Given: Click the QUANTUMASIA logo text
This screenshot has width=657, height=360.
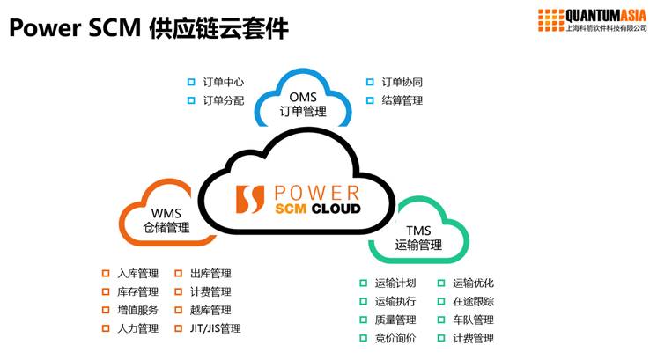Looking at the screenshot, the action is click(606, 16).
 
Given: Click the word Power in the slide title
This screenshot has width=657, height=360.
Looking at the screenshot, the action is click(45, 28).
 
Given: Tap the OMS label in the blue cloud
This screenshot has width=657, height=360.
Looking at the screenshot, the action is click(303, 97).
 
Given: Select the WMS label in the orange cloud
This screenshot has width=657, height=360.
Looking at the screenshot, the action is click(166, 214).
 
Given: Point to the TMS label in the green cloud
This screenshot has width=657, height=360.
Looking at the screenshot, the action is click(418, 231).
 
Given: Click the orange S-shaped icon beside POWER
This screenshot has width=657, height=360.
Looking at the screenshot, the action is click(250, 199).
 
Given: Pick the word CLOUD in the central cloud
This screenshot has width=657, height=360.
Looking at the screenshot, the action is click(336, 209).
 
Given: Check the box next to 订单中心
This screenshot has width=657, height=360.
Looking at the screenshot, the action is click(191, 82).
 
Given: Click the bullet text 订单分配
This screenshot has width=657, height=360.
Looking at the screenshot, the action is click(224, 100).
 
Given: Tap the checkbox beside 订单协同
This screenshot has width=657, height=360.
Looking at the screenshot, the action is click(370, 82).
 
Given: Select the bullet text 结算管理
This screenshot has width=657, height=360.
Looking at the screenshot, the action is click(402, 100).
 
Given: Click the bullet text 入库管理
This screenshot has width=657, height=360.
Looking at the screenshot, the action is click(138, 274).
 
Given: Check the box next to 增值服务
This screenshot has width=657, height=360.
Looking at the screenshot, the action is click(106, 310).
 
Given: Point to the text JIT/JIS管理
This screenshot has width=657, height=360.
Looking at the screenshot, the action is click(216, 328).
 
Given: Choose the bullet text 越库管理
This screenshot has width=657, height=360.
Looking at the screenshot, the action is click(210, 310).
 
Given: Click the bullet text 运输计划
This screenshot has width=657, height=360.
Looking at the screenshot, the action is click(395, 283).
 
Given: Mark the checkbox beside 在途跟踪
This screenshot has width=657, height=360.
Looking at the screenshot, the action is click(441, 301).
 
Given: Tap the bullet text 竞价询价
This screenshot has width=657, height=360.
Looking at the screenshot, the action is click(395, 338).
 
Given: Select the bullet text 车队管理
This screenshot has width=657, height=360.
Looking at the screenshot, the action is click(473, 320).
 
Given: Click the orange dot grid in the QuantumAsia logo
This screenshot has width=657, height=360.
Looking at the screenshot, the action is click(550, 20).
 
